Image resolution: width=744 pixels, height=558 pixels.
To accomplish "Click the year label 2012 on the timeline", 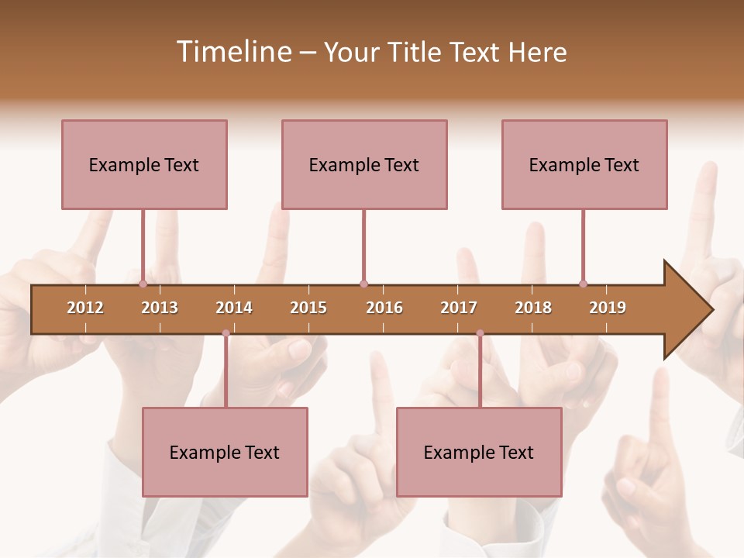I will click(85, 308).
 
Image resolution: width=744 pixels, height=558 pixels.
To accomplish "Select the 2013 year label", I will click(160, 308).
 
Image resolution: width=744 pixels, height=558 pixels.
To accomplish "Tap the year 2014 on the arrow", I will click(234, 308).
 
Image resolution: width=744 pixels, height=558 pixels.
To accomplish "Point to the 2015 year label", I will click(308, 308).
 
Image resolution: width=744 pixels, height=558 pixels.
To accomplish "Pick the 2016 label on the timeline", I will click(384, 308).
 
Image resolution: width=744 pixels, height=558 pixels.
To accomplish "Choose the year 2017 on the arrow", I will click(459, 308).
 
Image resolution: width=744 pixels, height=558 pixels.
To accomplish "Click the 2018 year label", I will click(533, 308).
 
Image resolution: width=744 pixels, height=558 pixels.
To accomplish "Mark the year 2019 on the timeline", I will click(608, 308).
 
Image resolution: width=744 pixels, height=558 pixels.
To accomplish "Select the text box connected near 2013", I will click(144, 164).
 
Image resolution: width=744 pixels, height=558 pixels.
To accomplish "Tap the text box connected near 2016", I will click(364, 164).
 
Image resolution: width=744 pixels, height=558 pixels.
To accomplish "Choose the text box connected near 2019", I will click(584, 164).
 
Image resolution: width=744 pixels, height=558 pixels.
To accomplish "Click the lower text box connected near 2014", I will click(225, 452).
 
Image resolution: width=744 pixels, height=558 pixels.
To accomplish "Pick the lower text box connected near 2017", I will click(479, 452).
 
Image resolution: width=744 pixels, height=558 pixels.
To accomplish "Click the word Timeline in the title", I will click(232, 52).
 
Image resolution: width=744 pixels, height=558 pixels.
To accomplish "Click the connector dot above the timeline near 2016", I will click(363, 284).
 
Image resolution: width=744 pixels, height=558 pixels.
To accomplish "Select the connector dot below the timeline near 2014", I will click(226, 333).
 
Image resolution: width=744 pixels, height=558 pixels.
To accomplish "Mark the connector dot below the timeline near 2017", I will click(480, 333).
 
